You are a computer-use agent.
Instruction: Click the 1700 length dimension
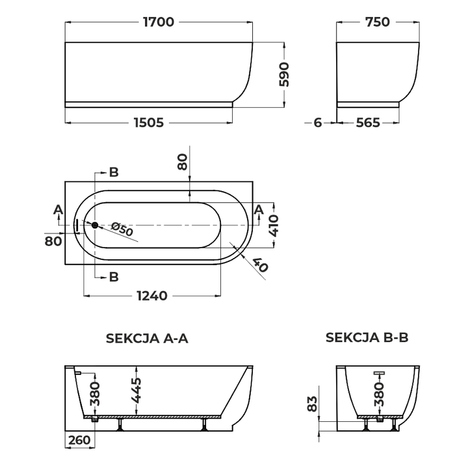(159, 22)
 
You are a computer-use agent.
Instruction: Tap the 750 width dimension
(378, 22)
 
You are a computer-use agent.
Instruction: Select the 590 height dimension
(285, 74)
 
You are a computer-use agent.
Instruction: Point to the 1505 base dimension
(149, 123)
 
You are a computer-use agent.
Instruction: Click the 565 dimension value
(368, 123)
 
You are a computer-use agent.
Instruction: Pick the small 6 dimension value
(318, 123)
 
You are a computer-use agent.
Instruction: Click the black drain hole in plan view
(95, 226)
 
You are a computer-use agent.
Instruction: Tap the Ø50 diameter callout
(122, 229)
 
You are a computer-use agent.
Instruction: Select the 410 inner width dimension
(274, 226)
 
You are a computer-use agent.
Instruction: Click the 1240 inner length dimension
(152, 296)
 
